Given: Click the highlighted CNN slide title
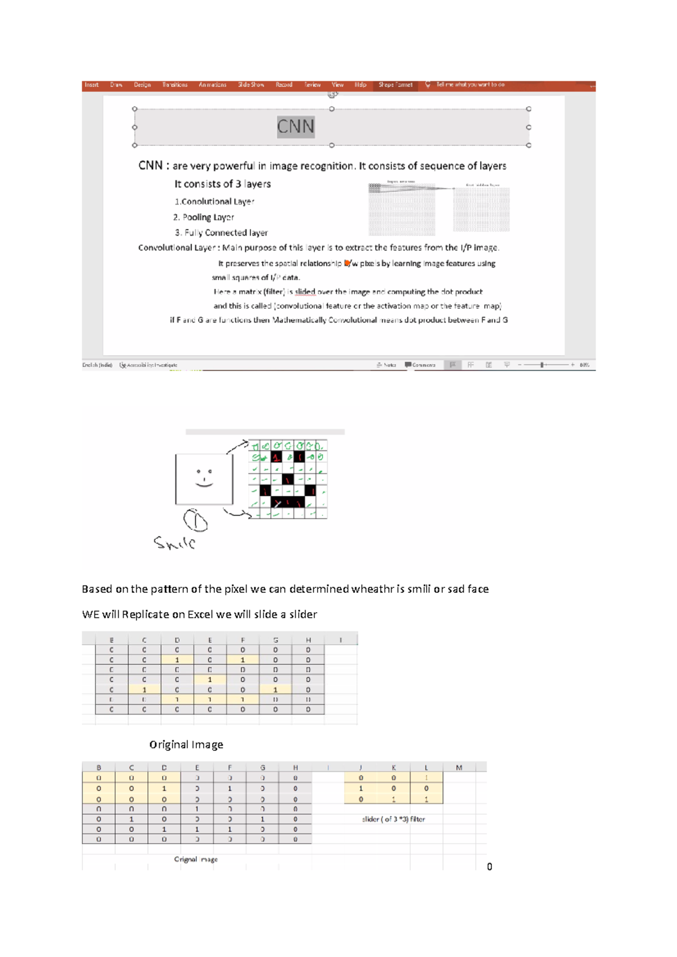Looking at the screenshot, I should tap(295, 126).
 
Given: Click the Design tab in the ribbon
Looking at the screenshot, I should tap(142, 85).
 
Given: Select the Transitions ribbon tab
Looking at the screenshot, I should tap(175, 85).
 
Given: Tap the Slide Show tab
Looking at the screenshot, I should tap(251, 85).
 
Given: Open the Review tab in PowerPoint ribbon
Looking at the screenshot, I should tap(313, 85).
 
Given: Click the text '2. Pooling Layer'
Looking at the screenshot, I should tap(204, 217).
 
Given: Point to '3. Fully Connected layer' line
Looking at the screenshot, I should tap(221, 233).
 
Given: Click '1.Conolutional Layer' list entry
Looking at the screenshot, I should tap(214, 201).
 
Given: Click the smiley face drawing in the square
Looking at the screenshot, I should tap(204, 478).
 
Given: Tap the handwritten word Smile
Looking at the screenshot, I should tap(175, 543).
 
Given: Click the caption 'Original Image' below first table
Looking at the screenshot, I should tap(186, 745).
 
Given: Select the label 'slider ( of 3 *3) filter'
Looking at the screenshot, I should tap(393, 819).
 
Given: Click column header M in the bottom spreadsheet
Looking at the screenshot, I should tap(459, 767).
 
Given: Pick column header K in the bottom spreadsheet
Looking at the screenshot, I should tap(394, 767).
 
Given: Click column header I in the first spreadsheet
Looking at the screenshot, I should tap(341, 640).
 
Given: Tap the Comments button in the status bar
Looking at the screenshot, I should tap(420, 365).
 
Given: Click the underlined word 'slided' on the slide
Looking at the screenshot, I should tap(305, 292).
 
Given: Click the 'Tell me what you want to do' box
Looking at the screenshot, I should tap(470, 85).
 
